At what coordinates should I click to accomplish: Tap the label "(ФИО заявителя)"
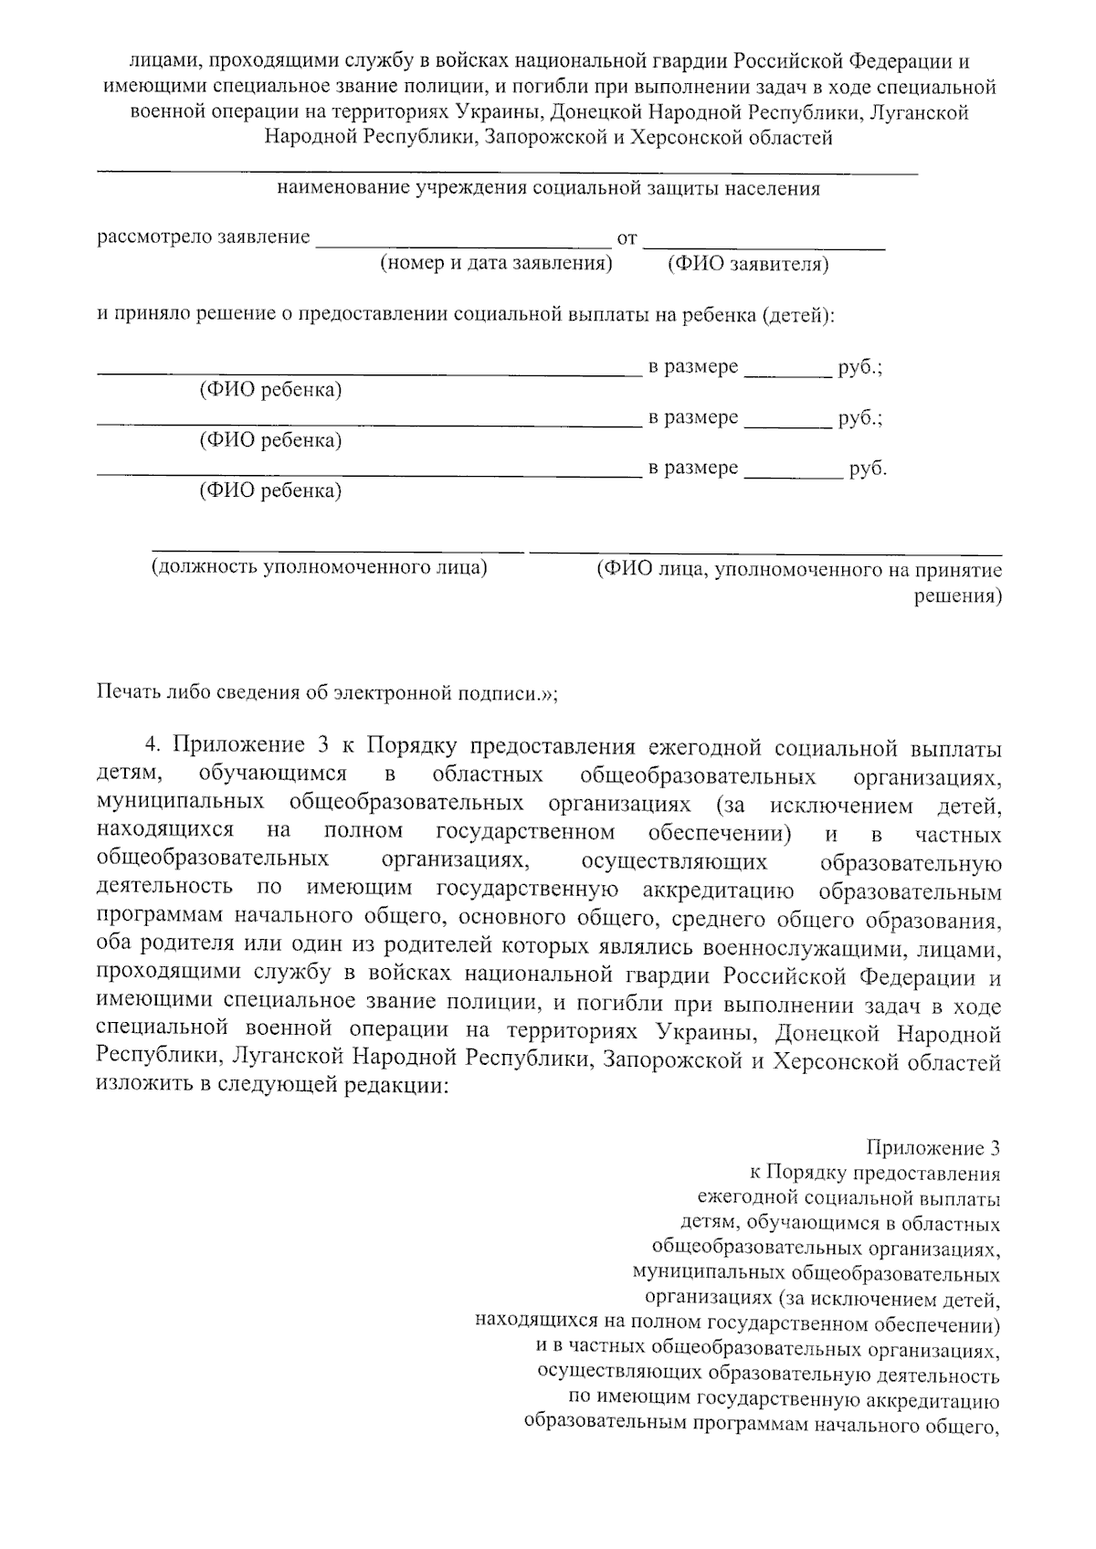[x=747, y=264]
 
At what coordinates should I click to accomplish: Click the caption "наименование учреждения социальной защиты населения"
[x=548, y=189]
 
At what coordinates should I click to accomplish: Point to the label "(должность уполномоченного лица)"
[x=320, y=567]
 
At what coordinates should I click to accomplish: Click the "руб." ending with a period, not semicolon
[x=868, y=469]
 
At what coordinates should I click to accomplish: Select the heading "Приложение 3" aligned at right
[x=933, y=1149]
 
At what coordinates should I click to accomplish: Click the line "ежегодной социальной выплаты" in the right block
[x=848, y=1198]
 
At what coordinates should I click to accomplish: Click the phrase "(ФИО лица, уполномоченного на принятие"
[x=798, y=571]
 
